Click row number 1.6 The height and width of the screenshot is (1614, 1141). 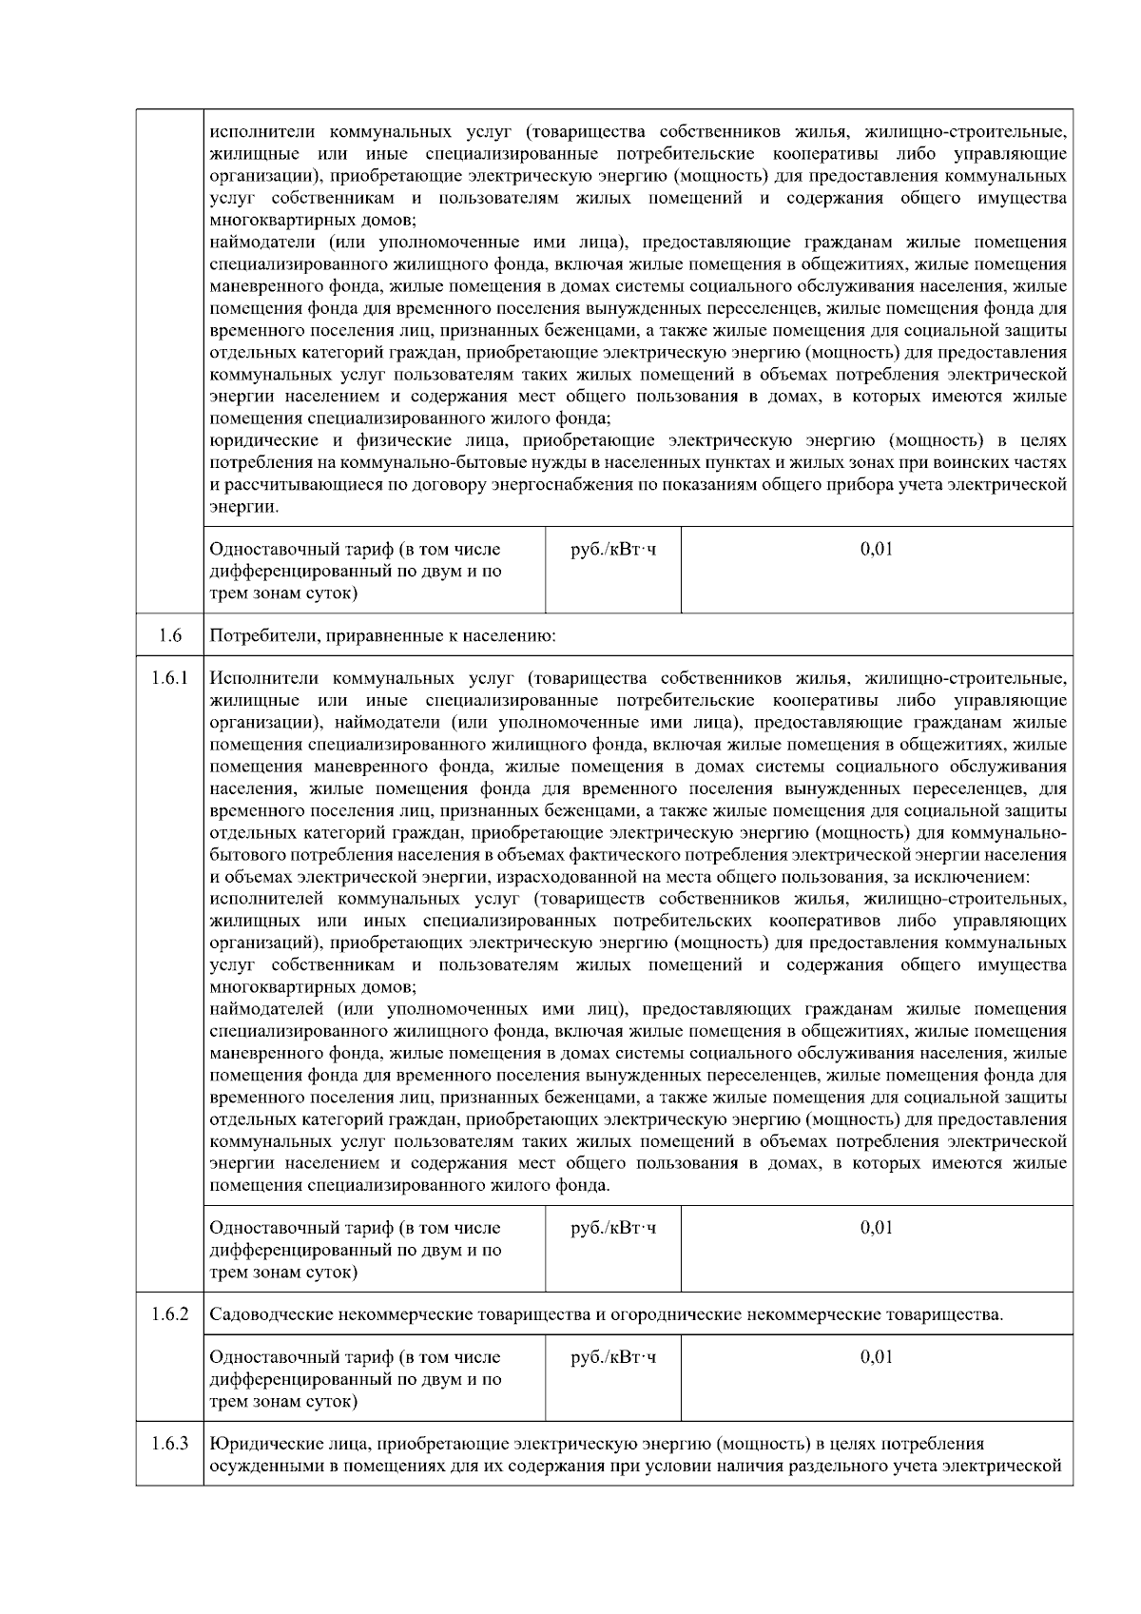pos(169,635)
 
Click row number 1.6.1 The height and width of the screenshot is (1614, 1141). pos(169,678)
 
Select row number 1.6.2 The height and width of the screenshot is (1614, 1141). pos(169,1315)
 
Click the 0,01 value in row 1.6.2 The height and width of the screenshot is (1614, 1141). pos(876,1357)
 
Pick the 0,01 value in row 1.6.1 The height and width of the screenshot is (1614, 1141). pos(876,1228)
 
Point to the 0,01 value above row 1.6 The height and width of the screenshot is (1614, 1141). pos(876,549)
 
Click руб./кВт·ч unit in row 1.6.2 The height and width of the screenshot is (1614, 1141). pos(612,1357)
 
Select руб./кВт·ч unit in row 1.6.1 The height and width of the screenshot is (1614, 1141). pos(612,1228)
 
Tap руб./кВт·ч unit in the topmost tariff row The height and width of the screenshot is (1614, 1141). pos(612,549)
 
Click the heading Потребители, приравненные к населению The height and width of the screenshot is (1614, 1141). pos(382,635)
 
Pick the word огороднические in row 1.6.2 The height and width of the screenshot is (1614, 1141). pos(677,1315)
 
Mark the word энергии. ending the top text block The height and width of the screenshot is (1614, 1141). pos(244,507)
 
